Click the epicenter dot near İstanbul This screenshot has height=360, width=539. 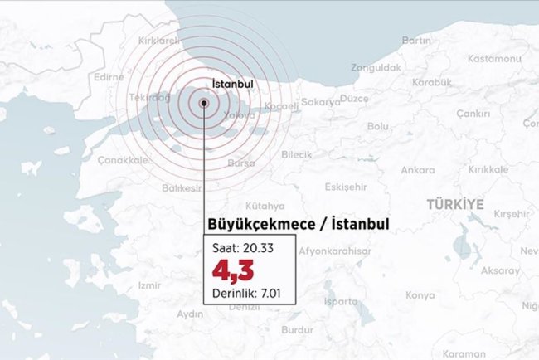[204, 104]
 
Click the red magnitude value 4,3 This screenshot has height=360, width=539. [233, 270]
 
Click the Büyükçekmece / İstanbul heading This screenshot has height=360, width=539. [295, 225]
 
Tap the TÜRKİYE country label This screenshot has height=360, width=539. [454, 203]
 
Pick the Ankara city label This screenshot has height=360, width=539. [417, 170]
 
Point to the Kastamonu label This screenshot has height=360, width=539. [493, 58]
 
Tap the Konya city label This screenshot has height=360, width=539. [420, 295]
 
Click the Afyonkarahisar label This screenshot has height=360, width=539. [333, 251]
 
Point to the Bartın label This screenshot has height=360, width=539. [415, 40]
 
